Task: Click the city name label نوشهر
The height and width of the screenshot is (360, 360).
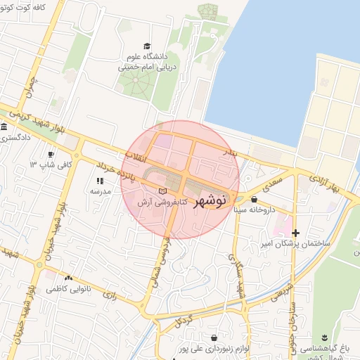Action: (x=209, y=200)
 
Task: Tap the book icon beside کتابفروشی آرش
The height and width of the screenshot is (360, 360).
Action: (x=163, y=191)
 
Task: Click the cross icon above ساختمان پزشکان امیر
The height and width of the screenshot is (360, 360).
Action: (x=296, y=233)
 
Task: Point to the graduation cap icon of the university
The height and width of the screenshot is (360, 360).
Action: (x=146, y=46)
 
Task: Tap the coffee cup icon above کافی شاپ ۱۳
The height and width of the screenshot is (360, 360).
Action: (x=50, y=154)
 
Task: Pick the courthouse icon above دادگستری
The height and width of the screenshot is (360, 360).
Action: (x=4, y=128)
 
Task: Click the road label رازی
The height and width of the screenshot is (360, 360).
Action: (x=110, y=295)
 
